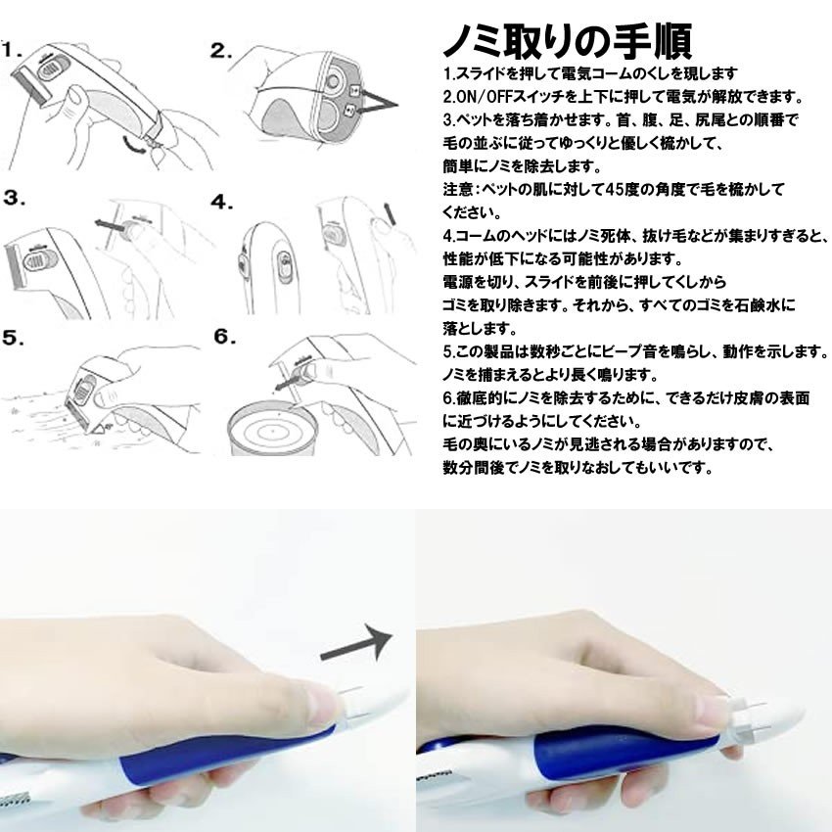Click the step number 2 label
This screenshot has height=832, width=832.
click(221, 50)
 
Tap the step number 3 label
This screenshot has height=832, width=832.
click(14, 198)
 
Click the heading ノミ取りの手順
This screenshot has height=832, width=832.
click(568, 41)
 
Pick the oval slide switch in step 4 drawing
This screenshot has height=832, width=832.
click(282, 266)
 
